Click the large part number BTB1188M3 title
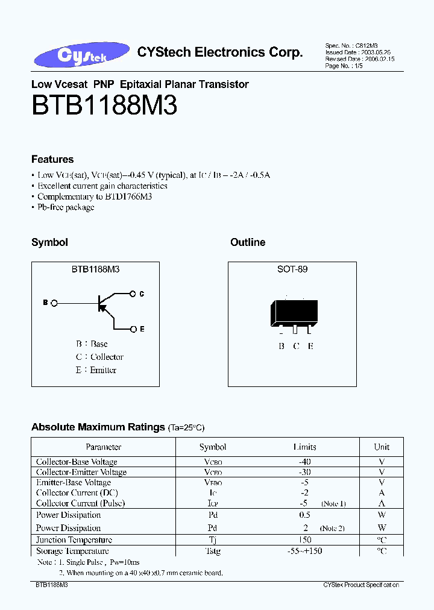click(104, 107)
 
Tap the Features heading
click(52, 159)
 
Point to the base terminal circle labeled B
click(54, 303)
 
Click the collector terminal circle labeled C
click(133, 294)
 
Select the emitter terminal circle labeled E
click(133, 329)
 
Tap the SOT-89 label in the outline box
click(292, 269)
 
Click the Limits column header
click(304, 447)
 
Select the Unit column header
click(382, 447)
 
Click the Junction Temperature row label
click(74, 540)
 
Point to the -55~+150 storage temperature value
click(304, 551)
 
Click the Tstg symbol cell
click(213, 551)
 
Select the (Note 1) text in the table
click(333, 503)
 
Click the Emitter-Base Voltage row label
click(74, 482)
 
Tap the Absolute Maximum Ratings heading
click(98, 427)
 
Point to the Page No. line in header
click(344, 66)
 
